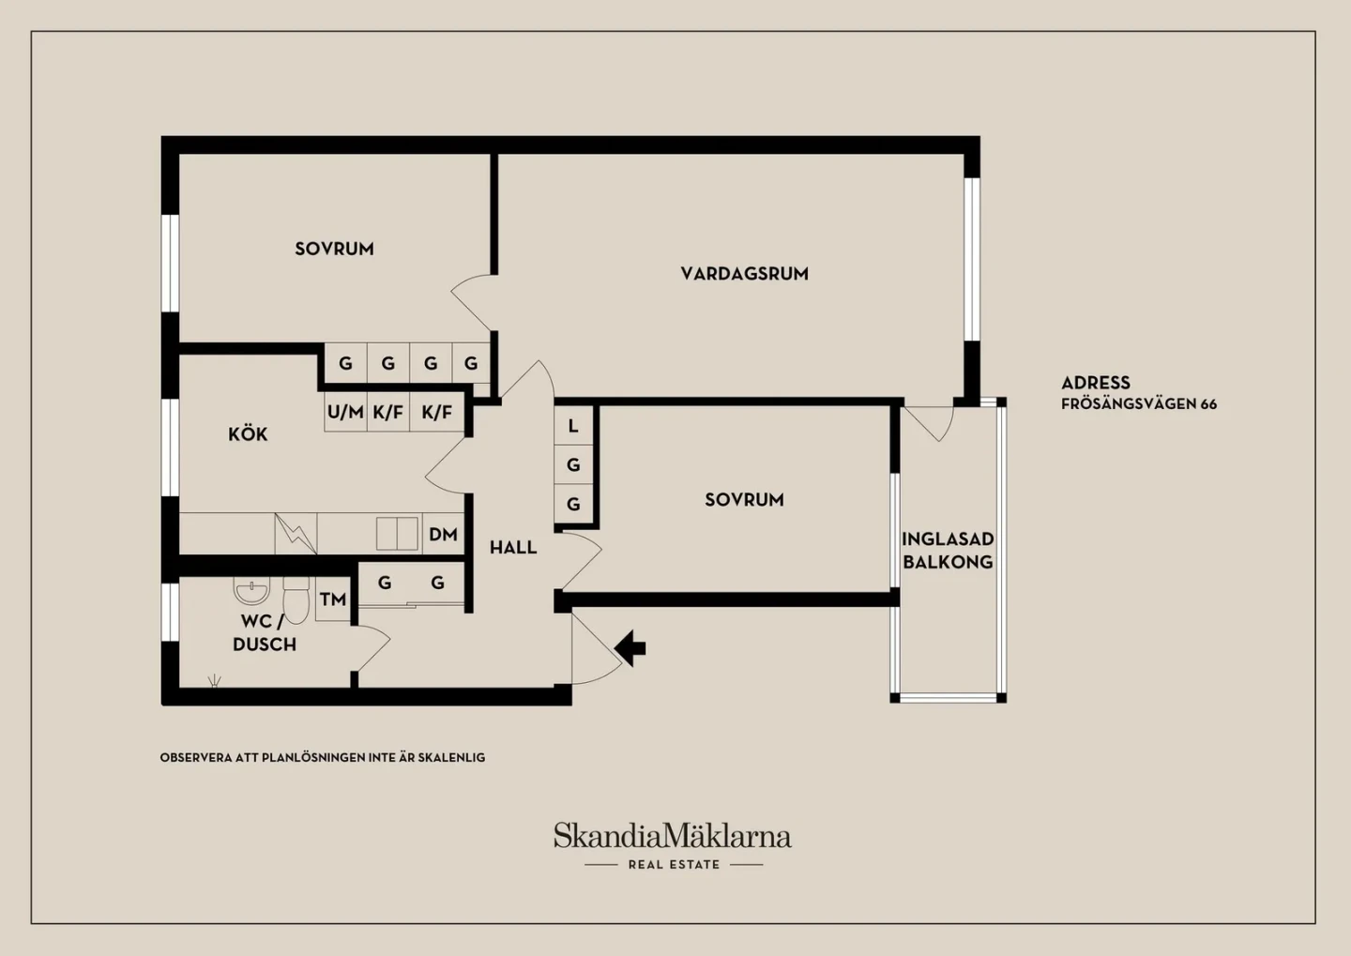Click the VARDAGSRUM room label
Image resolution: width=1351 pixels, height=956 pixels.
[744, 274]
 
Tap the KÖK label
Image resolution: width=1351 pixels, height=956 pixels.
[248, 434]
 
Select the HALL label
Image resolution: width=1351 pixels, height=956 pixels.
[513, 548]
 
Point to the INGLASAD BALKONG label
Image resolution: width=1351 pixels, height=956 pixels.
[948, 551]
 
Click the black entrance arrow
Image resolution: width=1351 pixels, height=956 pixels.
[630, 648]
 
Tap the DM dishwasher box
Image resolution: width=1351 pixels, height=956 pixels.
[443, 534]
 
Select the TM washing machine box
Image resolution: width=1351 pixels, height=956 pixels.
[333, 599]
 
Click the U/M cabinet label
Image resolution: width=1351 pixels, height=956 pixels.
[345, 412]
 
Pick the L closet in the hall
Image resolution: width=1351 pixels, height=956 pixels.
[573, 426]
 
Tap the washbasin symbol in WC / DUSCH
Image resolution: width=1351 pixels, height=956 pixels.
[251, 590]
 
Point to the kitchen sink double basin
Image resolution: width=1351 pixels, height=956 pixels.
[397, 533]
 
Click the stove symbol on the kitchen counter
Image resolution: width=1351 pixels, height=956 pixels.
[296, 534]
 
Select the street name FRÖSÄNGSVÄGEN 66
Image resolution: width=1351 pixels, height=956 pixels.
[1139, 403]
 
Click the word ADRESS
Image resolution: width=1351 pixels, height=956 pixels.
[1096, 383]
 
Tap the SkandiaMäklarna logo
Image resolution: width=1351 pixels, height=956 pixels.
[673, 835]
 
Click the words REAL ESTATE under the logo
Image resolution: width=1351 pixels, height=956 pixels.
[674, 865]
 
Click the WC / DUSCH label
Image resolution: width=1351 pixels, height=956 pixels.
[265, 632]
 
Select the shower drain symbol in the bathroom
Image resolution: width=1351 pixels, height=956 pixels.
[214, 681]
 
